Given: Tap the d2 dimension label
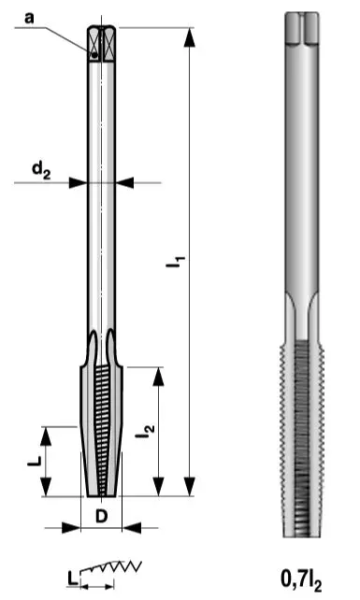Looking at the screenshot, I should (39, 170).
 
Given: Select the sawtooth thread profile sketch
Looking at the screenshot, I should (116, 568).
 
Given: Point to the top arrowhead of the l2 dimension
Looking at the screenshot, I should (159, 375).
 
